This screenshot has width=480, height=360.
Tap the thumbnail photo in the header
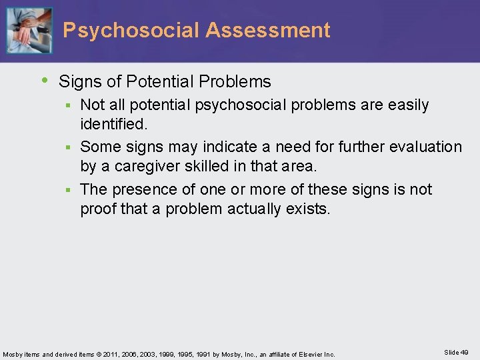[x=29, y=30]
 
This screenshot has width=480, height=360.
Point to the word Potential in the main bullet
[x=153, y=82]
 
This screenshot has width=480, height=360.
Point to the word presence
[x=145, y=189]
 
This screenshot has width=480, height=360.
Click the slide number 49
[x=464, y=352]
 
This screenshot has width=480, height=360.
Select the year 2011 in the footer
[x=119, y=354]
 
